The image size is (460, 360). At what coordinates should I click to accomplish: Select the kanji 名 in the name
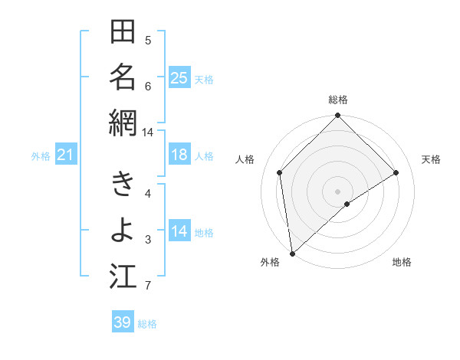pyautogui.click(x=123, y=77)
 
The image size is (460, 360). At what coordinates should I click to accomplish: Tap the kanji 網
pyautogui.click(x=123, y=123)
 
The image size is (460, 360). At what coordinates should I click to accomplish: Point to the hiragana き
pyautogui.click(x=123, y=185)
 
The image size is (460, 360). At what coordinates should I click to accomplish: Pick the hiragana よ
pyautogui.click(x=123, y=231)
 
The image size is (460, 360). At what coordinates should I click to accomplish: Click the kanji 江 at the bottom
pyautogui.click(x=123, y=277)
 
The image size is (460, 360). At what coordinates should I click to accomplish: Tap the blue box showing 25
pyautogui.click(x=179, y=78)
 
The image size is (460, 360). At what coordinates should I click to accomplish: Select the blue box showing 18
pyautogui.click(x=179, y=155)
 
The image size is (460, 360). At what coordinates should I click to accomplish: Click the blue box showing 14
pyautogui.click(x=179, y=232)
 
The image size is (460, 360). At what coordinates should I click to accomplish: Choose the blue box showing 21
pyautogui.click(x=65, y=155)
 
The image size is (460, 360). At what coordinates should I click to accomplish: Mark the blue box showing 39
pyautogui.click(x=122, y=322)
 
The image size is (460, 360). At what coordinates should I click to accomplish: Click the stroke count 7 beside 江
pyautogui.click(x=148, y=286)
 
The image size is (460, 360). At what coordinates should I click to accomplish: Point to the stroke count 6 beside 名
pyautogui.click(x=148, y=87)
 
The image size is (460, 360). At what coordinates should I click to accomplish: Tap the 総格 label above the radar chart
pyautogui.click(x=338, y=100)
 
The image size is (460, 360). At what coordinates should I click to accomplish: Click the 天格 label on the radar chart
pyautogui.click(x=431, y=159)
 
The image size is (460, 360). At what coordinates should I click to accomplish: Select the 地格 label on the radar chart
pyautogui.click(x=402, y=262)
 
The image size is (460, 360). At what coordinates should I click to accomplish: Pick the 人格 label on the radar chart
pyautogui.click(x=245, y=159)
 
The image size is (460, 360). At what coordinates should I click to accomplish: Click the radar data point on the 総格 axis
pyautogui.click(x=338, y=116)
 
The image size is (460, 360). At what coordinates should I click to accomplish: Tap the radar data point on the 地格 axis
pyautogui.click(x=347, y=204)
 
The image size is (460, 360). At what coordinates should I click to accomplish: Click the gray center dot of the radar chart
pyautogui.click(x=338, y=191)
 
